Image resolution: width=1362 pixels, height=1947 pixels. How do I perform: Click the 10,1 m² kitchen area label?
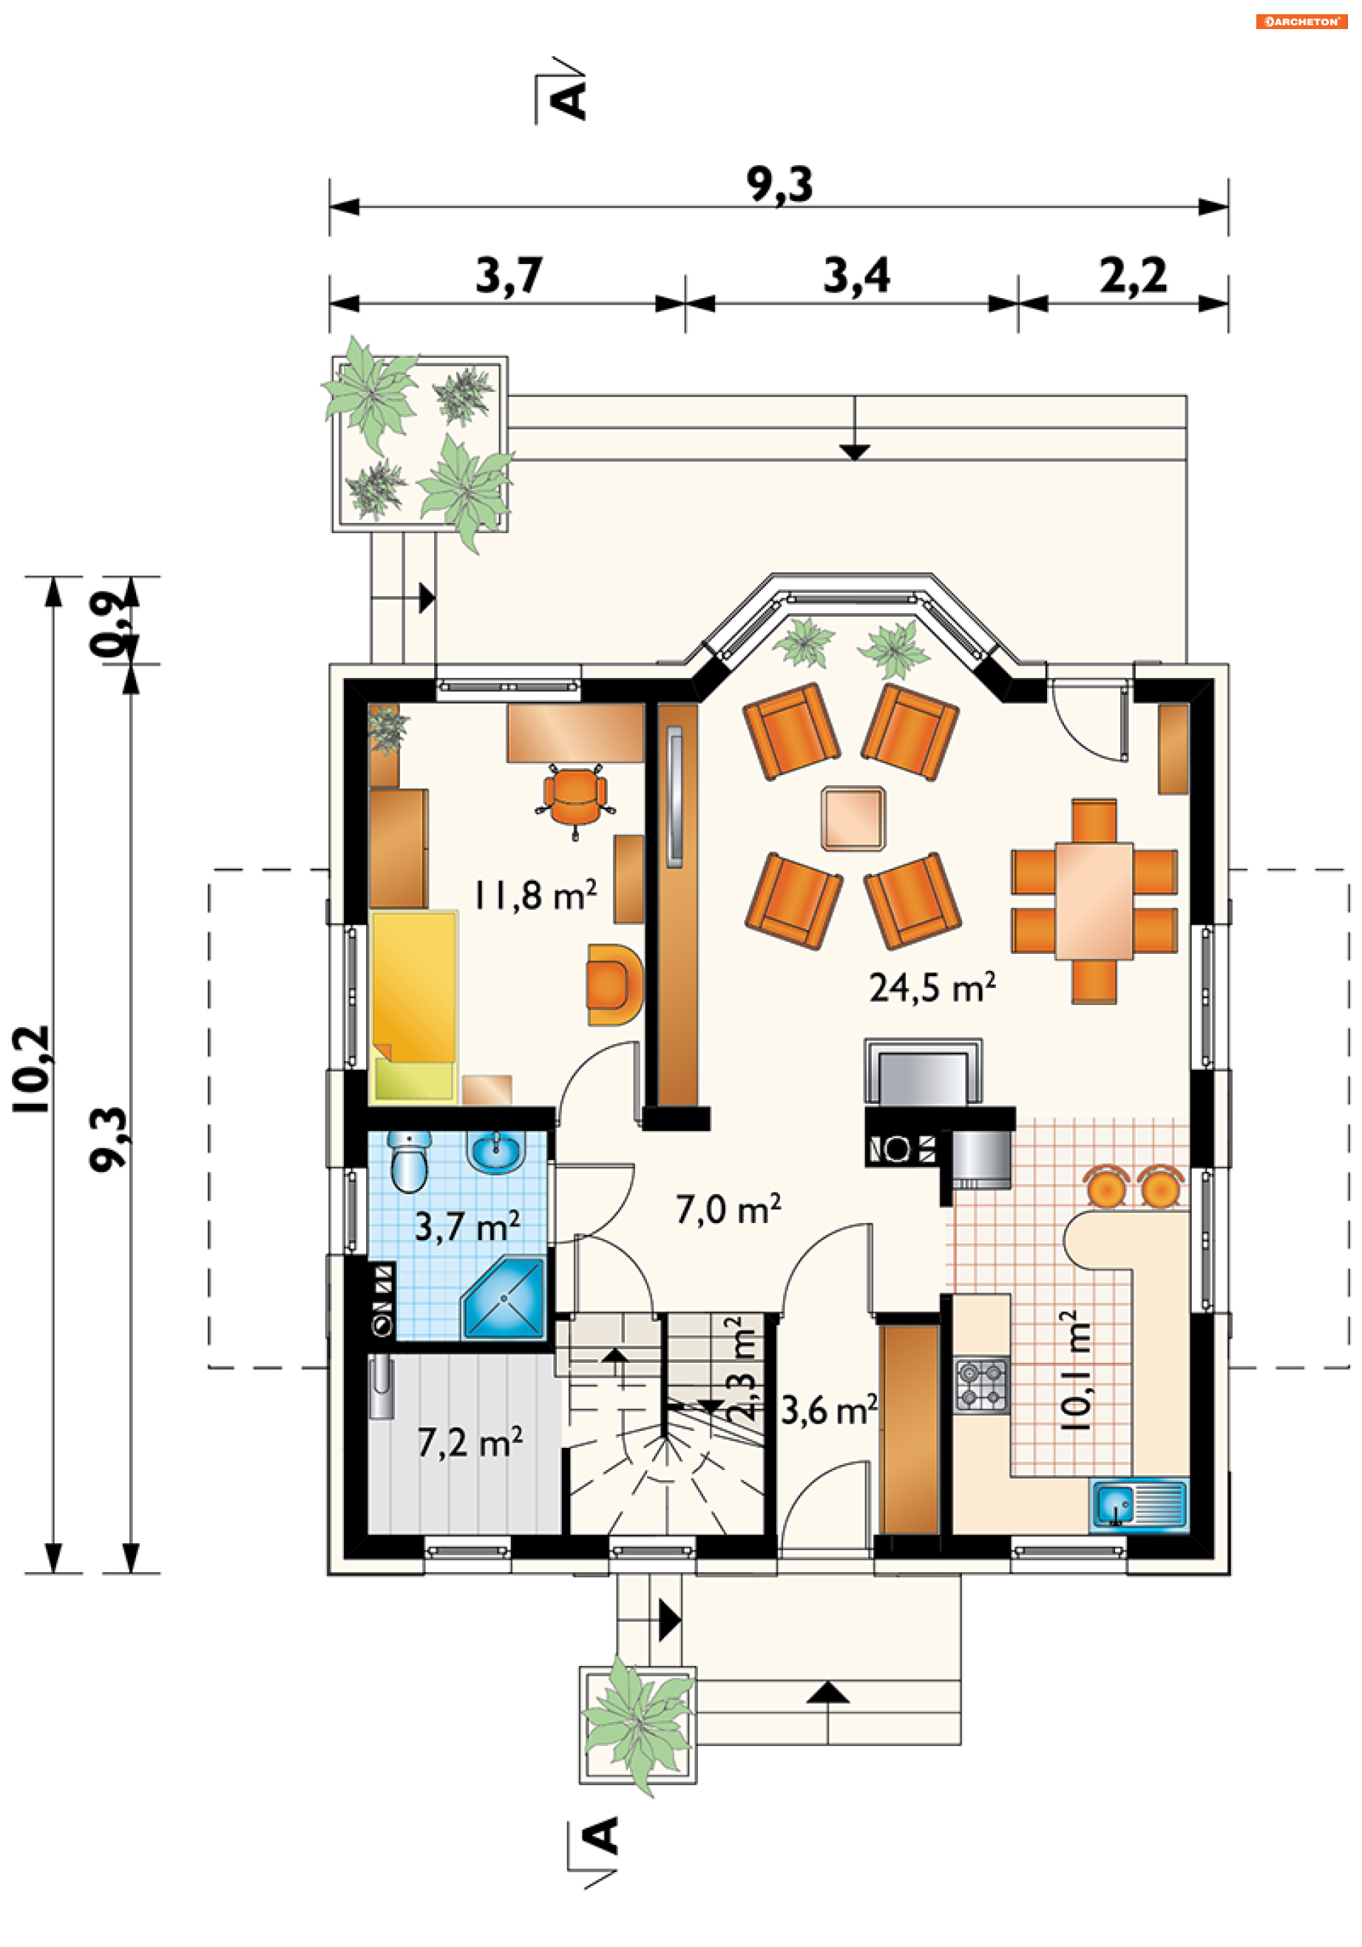[x=1075, y=1371]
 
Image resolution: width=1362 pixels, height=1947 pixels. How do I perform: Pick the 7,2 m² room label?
[x=470, y=1442]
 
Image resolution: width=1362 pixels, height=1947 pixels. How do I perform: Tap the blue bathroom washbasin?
[x=496, y=1151]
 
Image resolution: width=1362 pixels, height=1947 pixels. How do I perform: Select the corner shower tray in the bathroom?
[x=504, y=1299]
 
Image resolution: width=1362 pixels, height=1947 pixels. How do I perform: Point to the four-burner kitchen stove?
[x=982, y=1385]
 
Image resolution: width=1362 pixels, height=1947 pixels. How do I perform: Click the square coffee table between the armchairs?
[x=853, y=818]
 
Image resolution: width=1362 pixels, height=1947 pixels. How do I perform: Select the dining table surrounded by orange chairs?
[x=1093, y=901]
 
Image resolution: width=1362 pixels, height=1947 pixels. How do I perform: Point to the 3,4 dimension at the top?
[x=857, y=276]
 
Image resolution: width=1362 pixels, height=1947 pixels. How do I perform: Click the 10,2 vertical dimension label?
[x=31, y=1068]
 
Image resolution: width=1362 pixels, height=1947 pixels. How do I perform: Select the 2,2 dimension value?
[x=1133, y=276]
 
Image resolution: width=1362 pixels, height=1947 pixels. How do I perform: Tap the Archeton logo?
[x=1301, y=22]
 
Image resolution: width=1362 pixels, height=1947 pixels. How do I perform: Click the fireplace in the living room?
[x=923, y=1073]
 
